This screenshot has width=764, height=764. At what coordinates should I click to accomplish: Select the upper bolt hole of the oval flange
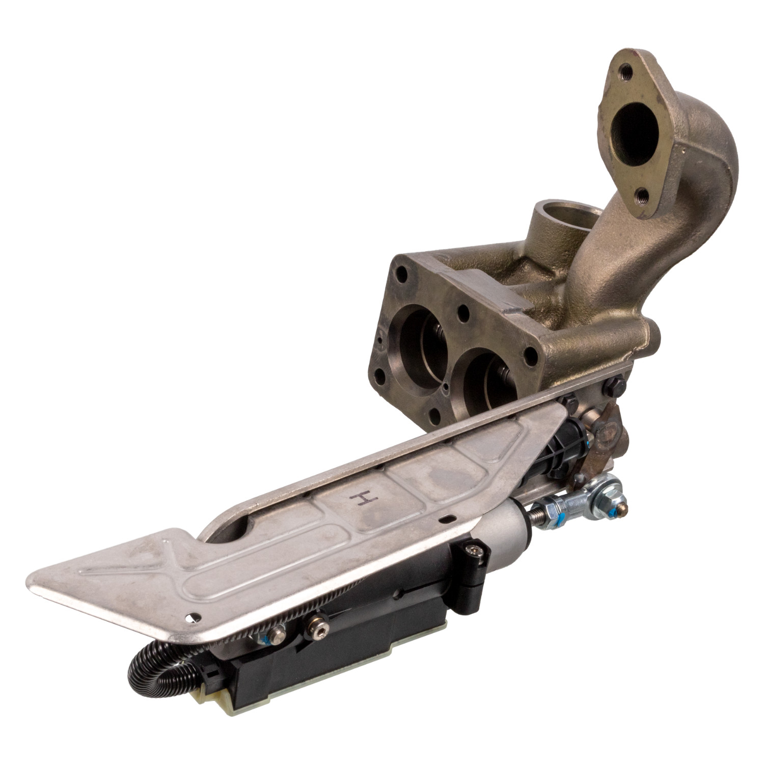627,73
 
